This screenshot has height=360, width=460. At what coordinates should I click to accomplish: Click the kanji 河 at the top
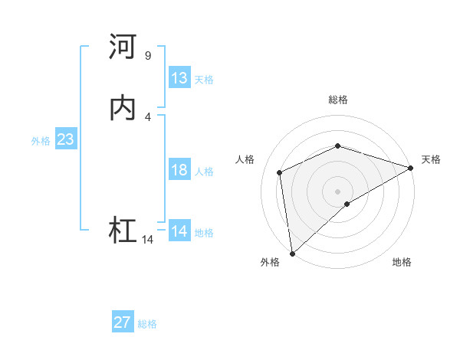(123, 47)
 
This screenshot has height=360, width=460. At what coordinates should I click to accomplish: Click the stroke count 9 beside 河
(147, 56)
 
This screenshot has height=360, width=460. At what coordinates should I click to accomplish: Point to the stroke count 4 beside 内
(147, 116)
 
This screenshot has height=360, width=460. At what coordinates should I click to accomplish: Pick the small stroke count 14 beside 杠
(147, 240)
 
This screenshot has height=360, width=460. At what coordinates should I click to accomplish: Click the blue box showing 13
(179, 78)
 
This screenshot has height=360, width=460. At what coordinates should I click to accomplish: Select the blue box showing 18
(179, 170)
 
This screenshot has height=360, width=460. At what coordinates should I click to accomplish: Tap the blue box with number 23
(65, 140)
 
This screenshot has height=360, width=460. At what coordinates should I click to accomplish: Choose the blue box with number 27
(123, 322)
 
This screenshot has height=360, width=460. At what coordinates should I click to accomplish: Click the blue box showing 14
(179, 231)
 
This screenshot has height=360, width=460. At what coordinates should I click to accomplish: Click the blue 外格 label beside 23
(41, 141)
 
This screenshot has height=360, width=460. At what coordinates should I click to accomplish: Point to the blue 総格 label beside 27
(147, 324)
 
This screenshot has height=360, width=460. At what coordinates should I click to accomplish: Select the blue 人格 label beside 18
(205, 172)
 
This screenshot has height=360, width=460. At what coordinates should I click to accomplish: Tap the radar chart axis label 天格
(431, 159)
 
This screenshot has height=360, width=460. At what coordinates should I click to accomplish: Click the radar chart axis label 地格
(402, 263)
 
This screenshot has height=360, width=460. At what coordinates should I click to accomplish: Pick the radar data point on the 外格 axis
(292, 253)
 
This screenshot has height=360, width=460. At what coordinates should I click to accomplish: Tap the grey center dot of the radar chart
(337, 191)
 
